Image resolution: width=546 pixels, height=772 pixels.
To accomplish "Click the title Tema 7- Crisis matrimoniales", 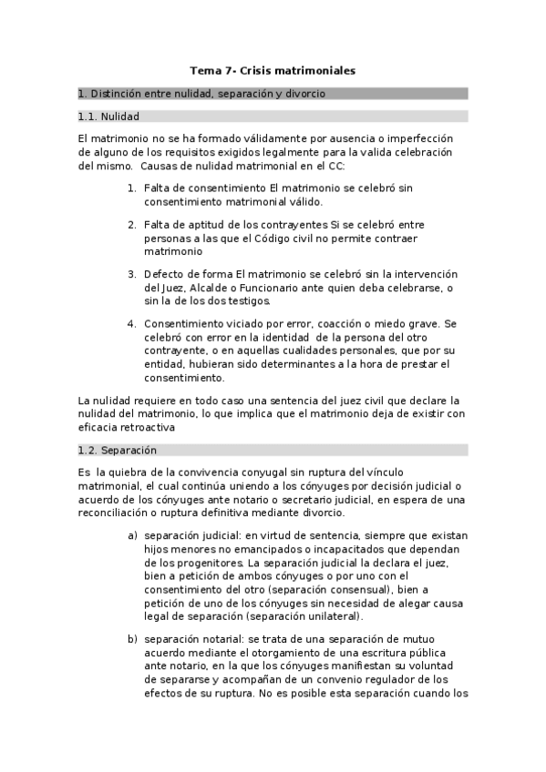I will tap(273, 69).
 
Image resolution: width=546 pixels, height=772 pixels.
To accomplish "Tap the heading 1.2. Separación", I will tap(118, 450).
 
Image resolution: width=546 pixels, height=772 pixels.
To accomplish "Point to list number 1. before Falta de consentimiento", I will tap(132, 188).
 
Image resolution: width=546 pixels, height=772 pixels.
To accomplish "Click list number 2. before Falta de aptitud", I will tap(132, 224).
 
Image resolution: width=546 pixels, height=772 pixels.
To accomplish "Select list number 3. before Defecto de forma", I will tap(132, 274).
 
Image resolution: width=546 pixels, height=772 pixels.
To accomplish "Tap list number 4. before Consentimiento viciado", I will tap(132, 323).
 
